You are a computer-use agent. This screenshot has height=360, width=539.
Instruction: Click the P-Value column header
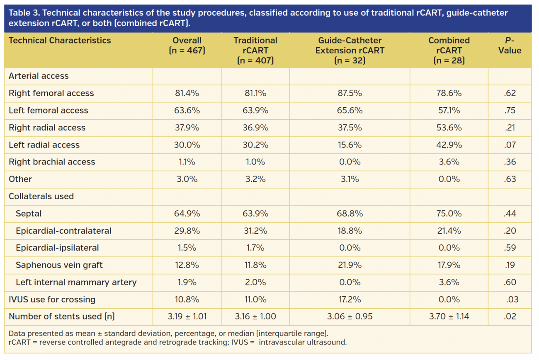tap(510, 46)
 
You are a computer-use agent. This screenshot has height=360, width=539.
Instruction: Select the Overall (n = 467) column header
tap(187, 46)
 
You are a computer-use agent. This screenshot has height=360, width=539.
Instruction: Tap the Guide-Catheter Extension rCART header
tap(350, 51)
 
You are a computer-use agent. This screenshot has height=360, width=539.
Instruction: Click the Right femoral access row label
tap(51, 93)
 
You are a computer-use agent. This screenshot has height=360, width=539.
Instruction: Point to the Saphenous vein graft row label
tap(59, 265)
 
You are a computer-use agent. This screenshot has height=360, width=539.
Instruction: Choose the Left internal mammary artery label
tap(76, 282)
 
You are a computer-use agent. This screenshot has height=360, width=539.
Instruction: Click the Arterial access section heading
tap(39, 76)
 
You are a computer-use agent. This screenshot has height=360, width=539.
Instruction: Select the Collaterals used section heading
tap(41, 196)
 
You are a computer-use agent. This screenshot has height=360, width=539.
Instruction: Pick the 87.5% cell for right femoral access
tap(350, 93)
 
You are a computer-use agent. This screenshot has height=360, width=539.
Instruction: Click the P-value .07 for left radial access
tap(510, 145)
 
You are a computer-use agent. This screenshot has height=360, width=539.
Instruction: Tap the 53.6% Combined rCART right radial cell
tap(449, 128)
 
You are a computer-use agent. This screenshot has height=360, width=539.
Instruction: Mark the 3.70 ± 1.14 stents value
tap(449, 317)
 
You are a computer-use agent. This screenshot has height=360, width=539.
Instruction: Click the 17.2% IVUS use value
tap(350, 300)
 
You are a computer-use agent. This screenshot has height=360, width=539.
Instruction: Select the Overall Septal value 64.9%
tap(187, 214)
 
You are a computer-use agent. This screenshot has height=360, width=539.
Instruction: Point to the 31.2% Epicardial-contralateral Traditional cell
tap(255, 231)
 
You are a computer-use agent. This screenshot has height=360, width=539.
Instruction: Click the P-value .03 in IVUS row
tap(510, 300)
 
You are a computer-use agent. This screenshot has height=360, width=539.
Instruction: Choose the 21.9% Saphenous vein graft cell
tap(350, 265)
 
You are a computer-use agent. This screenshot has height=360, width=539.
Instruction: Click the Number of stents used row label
tap(62, 317)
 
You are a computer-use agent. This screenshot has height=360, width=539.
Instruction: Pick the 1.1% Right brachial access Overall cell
tap(187, 162)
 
